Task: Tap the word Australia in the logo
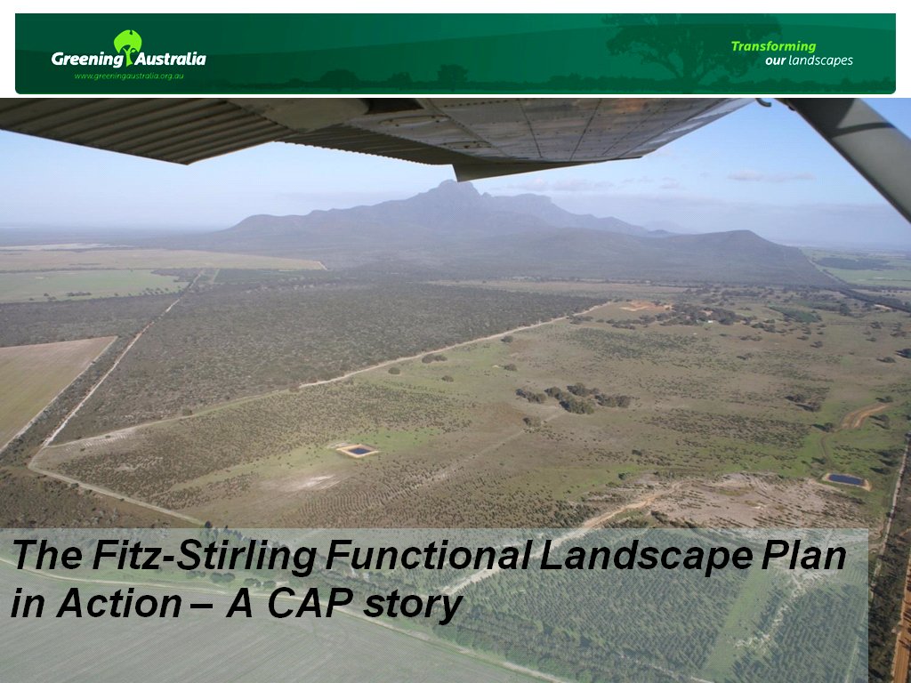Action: (171, 59)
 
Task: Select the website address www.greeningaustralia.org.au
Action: (129, 76)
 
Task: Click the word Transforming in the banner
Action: (773, 46)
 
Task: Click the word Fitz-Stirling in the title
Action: (204, 556)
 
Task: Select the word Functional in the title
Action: (428, 555)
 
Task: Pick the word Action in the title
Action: (119, 604)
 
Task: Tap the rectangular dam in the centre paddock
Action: (357, 450)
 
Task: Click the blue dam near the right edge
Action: (846, 480)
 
